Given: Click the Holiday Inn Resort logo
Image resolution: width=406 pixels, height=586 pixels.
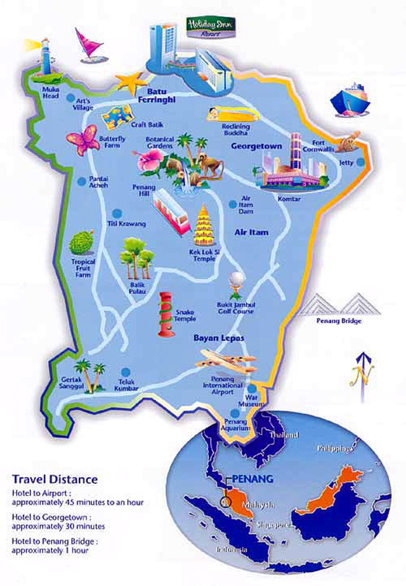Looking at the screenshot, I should pos(211,27).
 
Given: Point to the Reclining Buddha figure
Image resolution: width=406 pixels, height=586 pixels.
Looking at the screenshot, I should pos(229,114).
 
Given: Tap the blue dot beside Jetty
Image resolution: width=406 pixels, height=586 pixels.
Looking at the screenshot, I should pos(361,162).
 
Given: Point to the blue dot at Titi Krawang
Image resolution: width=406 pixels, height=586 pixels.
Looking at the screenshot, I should pos(117,213).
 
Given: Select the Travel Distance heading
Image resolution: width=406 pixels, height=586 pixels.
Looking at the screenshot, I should pos(55,479).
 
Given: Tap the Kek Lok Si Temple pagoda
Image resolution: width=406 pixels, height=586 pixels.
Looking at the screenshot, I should pos(205,227).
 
